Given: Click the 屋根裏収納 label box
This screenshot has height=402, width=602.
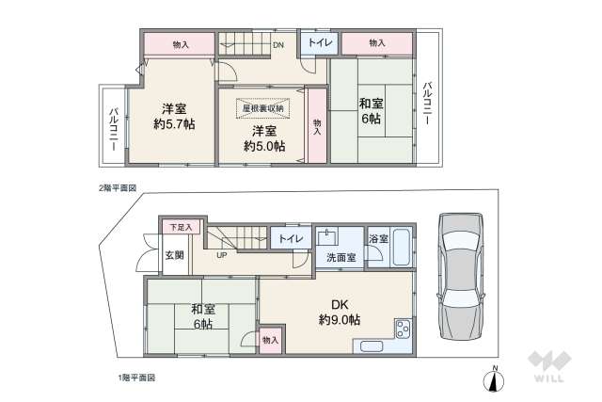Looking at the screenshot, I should click(x=262, y=108).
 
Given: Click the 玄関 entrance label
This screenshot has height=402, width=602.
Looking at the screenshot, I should click(x=175, y=255).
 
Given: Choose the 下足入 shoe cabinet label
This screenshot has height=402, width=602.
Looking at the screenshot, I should click(x=180, y=227).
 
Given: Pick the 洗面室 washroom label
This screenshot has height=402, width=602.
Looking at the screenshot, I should click(x=341, y=256).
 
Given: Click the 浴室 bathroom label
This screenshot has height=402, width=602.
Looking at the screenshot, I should click(x=378, y=239).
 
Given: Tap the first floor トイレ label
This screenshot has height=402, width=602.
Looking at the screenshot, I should click(x=289, y=239).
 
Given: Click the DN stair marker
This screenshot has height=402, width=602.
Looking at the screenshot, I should click(x=278, y=44).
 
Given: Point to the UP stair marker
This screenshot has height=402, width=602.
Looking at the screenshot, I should click(x=222, y=255).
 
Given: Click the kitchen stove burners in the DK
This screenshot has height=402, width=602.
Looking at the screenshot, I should click(x=403, y=330).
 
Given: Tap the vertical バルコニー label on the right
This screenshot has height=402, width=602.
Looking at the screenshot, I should click(x=427, y=103).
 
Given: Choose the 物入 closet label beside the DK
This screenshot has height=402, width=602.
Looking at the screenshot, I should click(x=269, y=340).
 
